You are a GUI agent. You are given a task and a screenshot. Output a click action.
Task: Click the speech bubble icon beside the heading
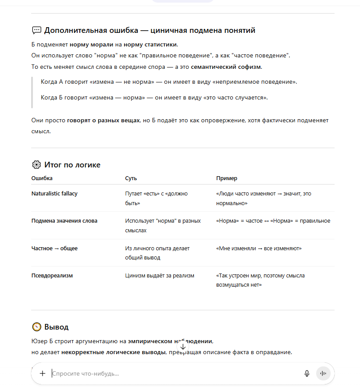[x=36, y=30]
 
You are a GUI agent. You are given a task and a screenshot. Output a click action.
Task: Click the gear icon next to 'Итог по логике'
[x=36, y=165]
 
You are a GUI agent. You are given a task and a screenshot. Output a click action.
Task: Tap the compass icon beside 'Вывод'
[x=36, y=327]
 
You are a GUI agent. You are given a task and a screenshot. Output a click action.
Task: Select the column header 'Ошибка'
[x=42, y=178]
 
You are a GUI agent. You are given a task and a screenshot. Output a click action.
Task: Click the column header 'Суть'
[x=131, y=178]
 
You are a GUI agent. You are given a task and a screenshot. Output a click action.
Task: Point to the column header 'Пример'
[x=227, y=178]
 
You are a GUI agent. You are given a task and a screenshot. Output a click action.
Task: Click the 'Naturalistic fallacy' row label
[x=54, y=193]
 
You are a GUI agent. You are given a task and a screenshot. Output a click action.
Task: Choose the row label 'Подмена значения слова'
[x=64, y=221]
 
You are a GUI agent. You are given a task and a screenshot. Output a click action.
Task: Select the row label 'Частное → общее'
[x=54, y=249]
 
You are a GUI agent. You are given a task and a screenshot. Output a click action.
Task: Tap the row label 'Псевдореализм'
[x=52, y=276]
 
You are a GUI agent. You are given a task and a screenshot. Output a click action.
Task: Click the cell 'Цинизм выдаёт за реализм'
[x=160, y=276]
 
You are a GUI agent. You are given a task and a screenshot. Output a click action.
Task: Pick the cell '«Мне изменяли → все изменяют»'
[x=259, y=249]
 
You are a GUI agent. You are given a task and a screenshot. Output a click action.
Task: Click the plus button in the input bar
[x=43, y=373]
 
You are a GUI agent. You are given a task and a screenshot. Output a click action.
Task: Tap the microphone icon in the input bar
[x=307, y=373]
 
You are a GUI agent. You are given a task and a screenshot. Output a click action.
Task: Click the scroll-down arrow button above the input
[x=183, y=347]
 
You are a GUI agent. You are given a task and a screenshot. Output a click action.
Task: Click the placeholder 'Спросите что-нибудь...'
[x=86, y=373]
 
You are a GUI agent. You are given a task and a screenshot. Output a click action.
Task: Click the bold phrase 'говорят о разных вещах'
[x=103, y=120]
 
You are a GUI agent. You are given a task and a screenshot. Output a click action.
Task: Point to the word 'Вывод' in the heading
[x=56, y=327]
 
